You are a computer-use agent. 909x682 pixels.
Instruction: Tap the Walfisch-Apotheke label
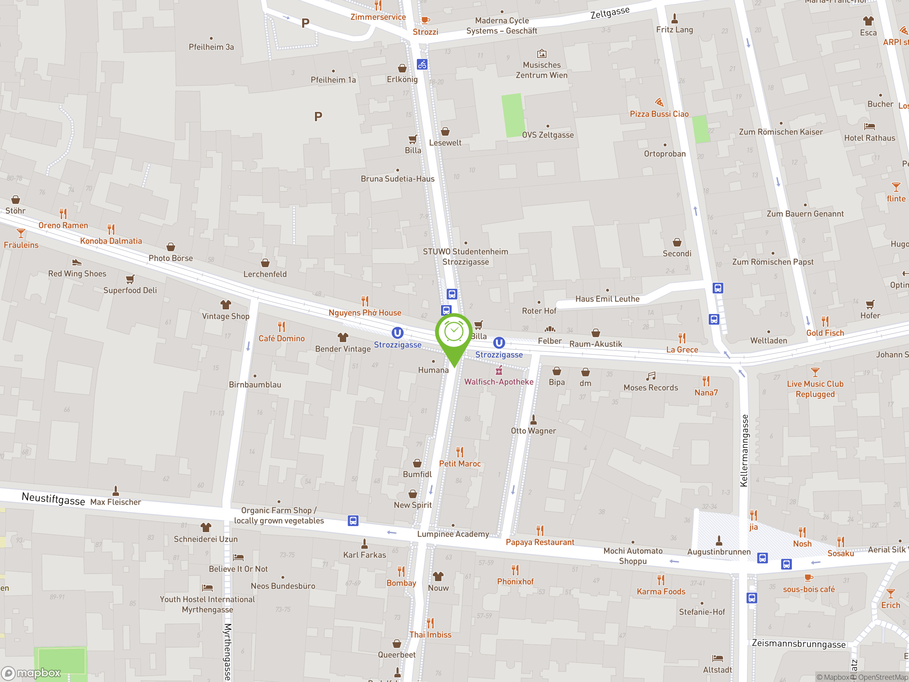[x=499, y=382]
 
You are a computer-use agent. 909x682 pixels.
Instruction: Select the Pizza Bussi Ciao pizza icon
[x=659, y=102]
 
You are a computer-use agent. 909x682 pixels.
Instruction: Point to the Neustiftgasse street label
[x=53, y=499]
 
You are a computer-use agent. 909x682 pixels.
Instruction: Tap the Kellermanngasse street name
[x=744, y=450]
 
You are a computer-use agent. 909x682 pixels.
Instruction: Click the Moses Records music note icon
[x=651, y=376]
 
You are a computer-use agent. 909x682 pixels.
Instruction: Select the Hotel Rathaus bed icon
[x=869, y=126]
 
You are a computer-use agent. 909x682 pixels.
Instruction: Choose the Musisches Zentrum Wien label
[x=541, y=70]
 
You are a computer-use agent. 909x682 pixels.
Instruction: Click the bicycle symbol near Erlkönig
[x=422, y=65]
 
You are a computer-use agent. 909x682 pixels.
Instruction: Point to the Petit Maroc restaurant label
[x=459, y=464]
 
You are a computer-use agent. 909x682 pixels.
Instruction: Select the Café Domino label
[x=282, y=338]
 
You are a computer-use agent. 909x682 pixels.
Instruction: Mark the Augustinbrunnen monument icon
[x=719, y=540]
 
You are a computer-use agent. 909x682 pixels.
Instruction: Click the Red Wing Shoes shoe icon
[x=77, y=262]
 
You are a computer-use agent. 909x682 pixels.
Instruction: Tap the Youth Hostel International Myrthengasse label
[x=207, y=604]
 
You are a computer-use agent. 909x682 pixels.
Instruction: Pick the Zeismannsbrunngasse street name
[x=799, y=644]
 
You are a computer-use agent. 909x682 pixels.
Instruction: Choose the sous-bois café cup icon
[x=808, y=578]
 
